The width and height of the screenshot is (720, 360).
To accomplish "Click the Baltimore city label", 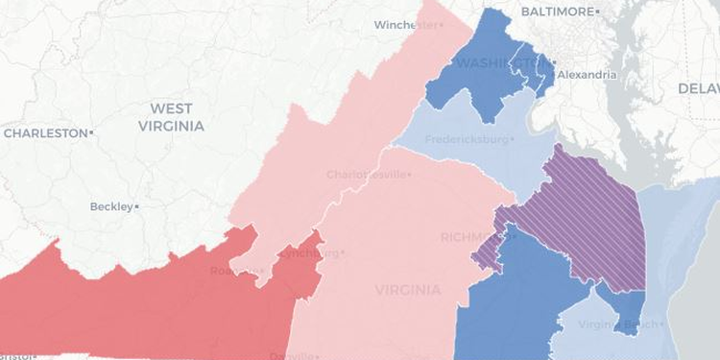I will [x=557, y=11].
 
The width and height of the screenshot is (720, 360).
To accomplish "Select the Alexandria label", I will [x=589, y=73].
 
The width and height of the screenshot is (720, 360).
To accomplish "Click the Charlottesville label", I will [x=367, y=175].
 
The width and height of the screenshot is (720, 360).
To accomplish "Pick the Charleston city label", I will [x=45, y=133].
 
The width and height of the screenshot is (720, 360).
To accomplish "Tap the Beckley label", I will [x=110, y=206].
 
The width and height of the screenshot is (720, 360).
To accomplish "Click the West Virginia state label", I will [x=170, y=117].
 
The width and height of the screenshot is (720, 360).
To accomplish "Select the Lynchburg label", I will [x=307, y=253].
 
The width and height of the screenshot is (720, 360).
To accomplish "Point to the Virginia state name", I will [x=409, y=290].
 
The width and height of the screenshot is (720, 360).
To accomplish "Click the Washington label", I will [x=493, y=63].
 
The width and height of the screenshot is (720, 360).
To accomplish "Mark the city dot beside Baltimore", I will [x=597, y=11].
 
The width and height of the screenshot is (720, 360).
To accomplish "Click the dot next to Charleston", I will [x=91, y=133].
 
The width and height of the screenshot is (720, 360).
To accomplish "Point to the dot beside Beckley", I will [x=137, y=206].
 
